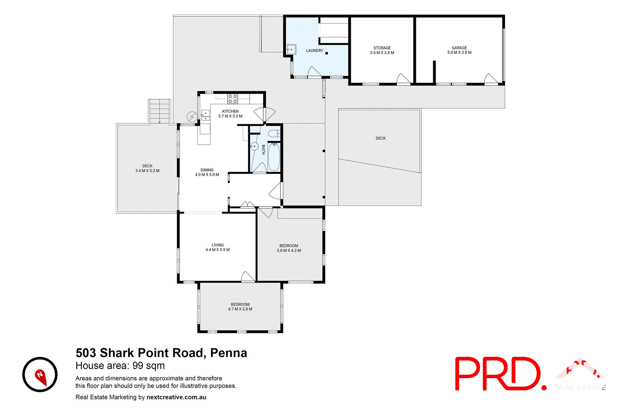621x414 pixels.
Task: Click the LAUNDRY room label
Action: point(314,50)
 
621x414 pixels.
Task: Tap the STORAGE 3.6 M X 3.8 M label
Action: point(382,50)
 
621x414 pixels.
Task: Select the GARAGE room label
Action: point(459,48)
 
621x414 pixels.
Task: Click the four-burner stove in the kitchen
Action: point(233,99)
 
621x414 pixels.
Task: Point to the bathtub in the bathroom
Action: point(274,157)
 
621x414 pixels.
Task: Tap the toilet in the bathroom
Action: point(274,134)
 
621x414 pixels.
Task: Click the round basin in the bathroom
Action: point(254,147)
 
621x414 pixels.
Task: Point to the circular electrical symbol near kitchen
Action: point(192,116)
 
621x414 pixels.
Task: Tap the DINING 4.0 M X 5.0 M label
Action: point(207,172)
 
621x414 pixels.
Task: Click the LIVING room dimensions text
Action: point(218,250)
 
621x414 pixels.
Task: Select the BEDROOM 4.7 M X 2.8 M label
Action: point(240,307)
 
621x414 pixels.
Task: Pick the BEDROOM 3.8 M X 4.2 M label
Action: point(289,248)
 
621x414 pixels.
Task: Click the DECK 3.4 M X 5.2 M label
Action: point(147,168)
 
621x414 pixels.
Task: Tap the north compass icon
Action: point(40,375)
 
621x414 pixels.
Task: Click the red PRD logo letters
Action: point(498,374)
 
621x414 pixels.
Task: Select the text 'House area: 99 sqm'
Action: point(120,366)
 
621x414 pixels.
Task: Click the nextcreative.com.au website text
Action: point(176,397)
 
